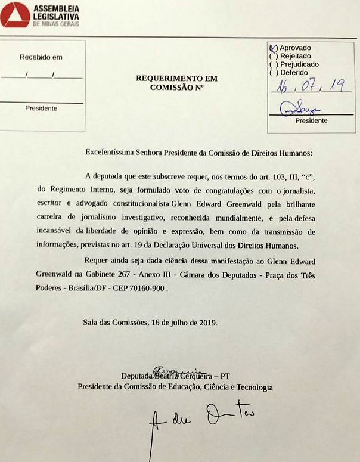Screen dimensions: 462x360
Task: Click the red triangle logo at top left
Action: [x=15, y=14]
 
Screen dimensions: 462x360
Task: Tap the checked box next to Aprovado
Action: [x=274, y=48]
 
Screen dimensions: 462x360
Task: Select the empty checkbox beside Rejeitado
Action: [x=274, y=56]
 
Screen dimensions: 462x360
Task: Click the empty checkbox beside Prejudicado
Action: [x=274, y=64]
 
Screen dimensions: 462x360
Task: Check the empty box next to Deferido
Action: [x=274, y=72]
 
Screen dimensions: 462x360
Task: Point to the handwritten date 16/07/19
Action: [x=309, y=86]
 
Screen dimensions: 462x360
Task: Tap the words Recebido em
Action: [x=41, y=57]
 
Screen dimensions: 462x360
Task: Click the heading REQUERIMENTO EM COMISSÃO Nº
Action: [x=177, y=83]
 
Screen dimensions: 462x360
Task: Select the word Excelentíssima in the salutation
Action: [x=112, y=153]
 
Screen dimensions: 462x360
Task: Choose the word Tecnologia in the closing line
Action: [x=253, y=387]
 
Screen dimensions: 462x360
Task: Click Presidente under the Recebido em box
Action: [x=41, y=108]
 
